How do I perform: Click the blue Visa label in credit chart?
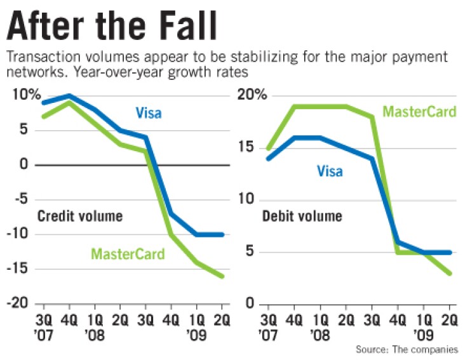tap(148, 114)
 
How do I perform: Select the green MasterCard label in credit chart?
tap(128, 255)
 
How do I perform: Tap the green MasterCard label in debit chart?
tap(419, 112)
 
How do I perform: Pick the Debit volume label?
tap(302, 216)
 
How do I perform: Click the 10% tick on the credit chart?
tap(24, 95)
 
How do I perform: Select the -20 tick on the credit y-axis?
tap(23, 303)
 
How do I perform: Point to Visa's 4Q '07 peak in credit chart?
tap(69, 96)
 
